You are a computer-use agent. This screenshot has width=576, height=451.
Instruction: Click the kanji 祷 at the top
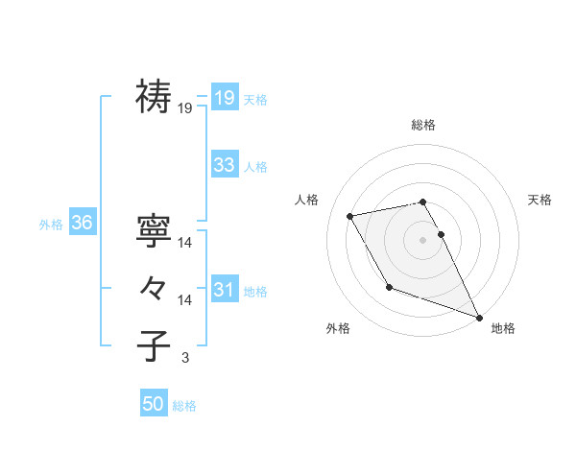154,96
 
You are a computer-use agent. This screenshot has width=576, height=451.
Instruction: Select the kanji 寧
154,230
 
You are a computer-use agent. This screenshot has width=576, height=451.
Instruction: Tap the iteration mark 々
154,288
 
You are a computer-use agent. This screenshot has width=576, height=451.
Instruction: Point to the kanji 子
154,345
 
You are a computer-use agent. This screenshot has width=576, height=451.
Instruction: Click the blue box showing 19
225,97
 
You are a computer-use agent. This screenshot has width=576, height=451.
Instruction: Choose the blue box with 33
225,165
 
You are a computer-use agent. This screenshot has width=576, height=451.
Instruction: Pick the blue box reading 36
83,224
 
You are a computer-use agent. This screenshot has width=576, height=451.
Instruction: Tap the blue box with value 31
225,290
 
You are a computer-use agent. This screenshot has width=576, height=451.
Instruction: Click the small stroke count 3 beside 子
185,358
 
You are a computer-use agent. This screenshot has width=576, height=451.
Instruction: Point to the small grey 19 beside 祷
185,108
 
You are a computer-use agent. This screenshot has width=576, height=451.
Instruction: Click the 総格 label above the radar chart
423,125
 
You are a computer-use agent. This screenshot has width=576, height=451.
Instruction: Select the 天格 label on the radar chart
540,200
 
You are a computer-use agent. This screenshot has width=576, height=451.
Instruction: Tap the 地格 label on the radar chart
503,328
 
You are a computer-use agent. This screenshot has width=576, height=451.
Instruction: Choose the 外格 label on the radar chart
338,328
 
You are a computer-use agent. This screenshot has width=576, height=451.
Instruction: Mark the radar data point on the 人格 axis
350,216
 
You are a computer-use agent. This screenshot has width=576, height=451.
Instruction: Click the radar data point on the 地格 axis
480,317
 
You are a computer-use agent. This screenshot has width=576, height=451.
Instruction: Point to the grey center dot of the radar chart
423,239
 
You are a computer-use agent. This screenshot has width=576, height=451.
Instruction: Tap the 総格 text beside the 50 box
184,406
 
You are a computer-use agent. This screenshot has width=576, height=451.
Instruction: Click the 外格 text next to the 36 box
51,225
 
